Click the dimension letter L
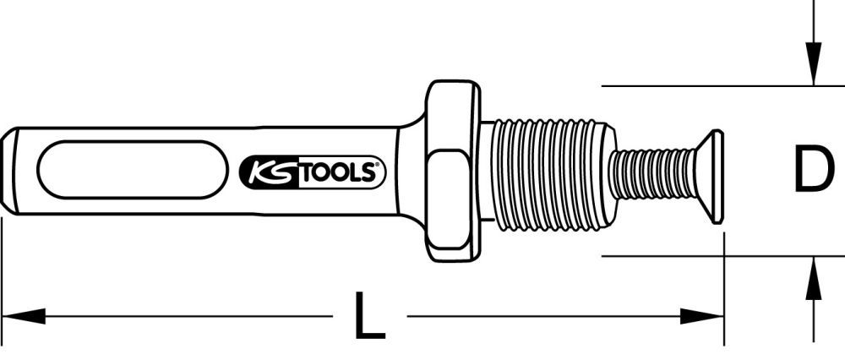pos(369,318)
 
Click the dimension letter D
pos(813,170)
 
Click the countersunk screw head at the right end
pos(711,177)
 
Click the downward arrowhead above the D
pos(813,68)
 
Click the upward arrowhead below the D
pos(813,278)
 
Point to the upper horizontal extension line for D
pos(701,85)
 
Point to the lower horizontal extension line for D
pos(701,256)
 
